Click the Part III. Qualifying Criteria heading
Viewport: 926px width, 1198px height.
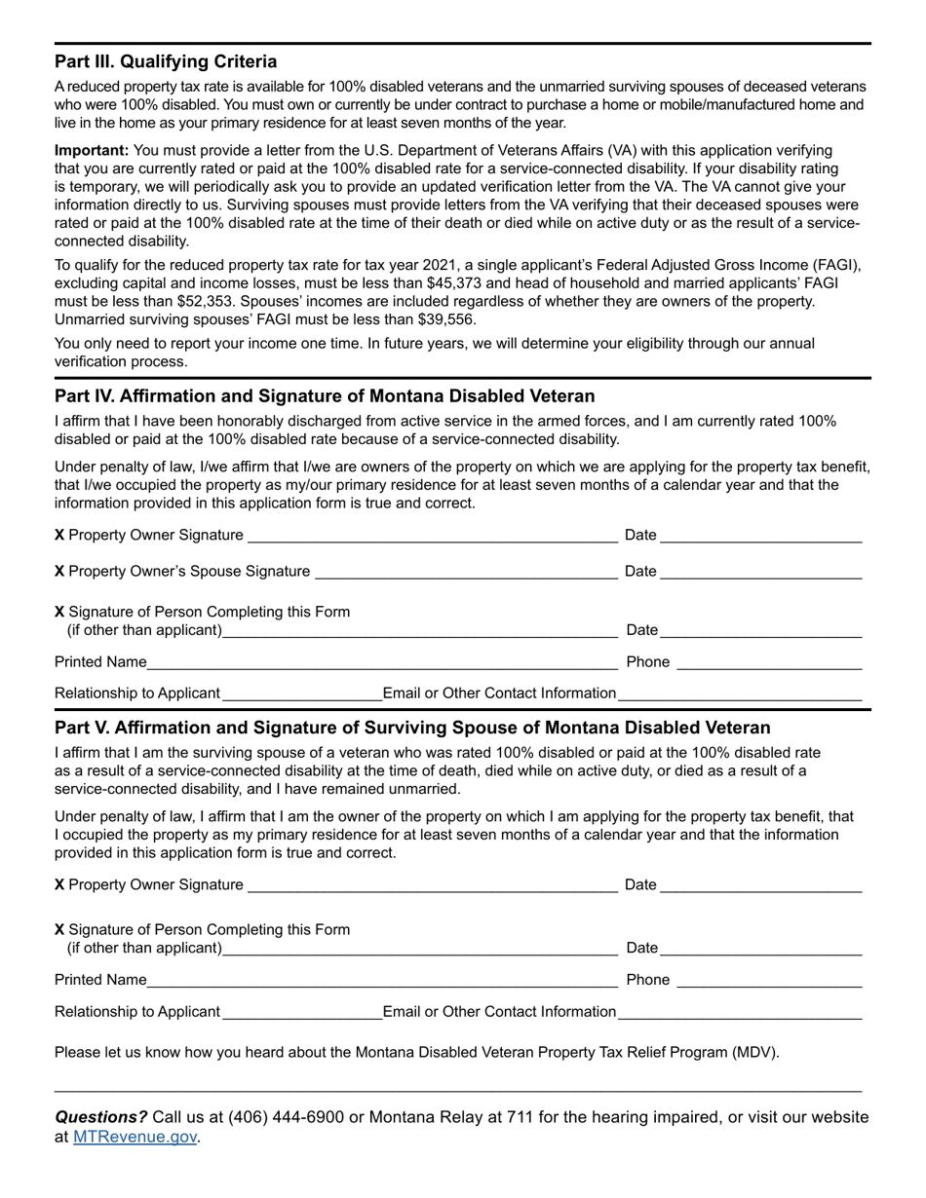click(x=166, y=61)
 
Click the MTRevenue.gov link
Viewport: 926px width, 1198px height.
click(x=135, y=1136)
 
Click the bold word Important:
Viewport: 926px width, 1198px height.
click(x=91, y=150)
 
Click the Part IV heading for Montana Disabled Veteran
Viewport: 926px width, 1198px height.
click(x=324, y=396)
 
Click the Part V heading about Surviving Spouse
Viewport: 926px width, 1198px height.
click(x=412, y=728)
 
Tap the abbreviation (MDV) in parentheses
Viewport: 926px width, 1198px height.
click(x=755, y=1052)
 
